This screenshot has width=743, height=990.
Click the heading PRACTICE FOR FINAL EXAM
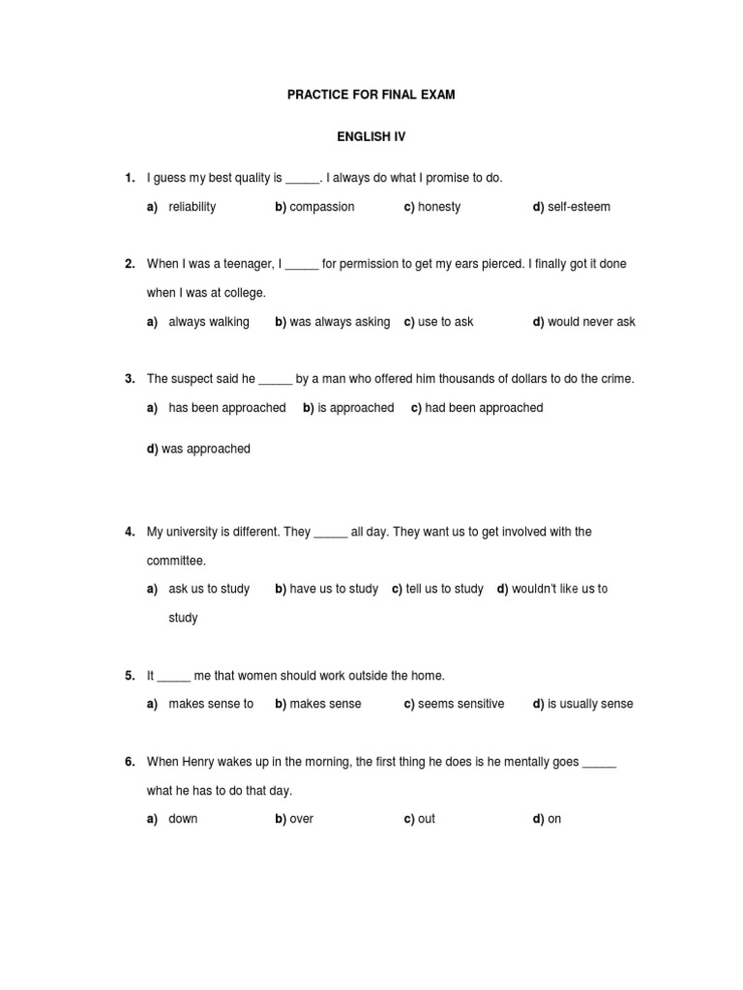371,96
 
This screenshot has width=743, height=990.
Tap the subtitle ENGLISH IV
371,137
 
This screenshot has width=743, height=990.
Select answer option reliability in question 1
192,207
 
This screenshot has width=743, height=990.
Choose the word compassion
322,207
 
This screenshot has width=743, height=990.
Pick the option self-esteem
579,207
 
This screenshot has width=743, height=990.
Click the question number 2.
130,264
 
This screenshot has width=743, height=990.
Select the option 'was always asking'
340,322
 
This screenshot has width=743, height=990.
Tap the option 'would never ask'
591,322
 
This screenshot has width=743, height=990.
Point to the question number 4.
130,532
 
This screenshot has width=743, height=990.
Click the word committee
175,561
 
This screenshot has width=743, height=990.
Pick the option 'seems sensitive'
461,704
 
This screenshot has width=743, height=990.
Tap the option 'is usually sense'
590,704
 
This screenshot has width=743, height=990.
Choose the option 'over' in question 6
301,819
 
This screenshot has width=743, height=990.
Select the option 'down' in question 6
183,819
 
